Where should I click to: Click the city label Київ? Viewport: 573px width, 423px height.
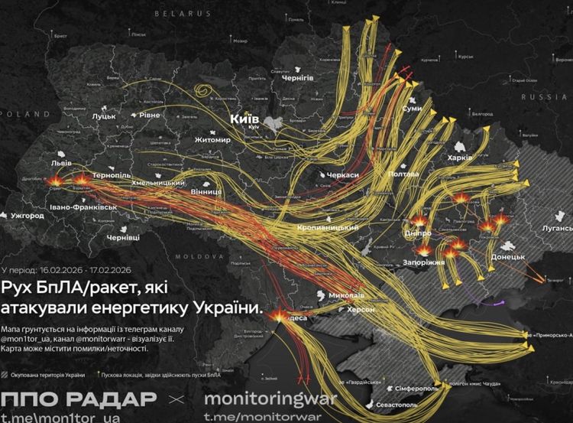pos(245,119)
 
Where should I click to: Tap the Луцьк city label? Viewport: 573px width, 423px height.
pos(103,116)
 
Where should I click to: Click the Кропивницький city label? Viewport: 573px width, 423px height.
pos(329,228)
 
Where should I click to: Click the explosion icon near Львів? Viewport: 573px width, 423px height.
pos(60,182)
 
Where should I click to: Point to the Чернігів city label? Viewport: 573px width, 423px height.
pos(298,78)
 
